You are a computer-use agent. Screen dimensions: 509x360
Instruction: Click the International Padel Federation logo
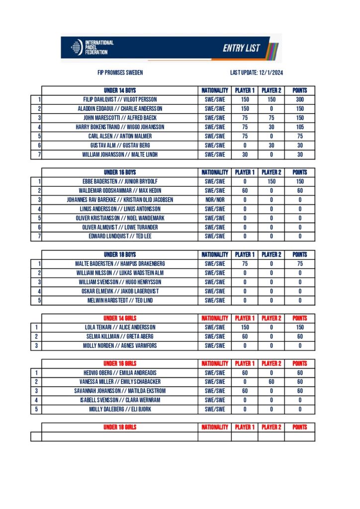pyautogui.click(x=92, y=47)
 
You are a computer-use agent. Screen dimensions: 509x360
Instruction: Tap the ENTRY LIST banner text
pyautogui.click(x=241, y=48)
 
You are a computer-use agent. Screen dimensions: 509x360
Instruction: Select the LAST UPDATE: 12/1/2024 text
pyautogui.click(x=257, y=73)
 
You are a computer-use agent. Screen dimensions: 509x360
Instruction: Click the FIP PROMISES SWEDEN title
pyautogui.click(x=120, y=73)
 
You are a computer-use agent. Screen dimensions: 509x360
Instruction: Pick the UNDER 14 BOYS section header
pyautogui.click(x=120, y=90)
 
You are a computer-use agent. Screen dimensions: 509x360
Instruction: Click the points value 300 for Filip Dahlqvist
pyautogui.click(x=300, y=99)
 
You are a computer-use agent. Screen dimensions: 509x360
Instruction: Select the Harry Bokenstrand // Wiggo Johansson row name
pyautogui.click(x=120, y=127)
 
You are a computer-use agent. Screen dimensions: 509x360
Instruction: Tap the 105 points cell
pyautogui.click(x=300, y=127)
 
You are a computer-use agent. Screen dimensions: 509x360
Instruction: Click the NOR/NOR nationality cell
pyautogui.click(x=215, y=200)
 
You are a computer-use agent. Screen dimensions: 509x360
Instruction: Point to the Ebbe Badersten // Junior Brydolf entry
pyautogui.click(x=120, y=181)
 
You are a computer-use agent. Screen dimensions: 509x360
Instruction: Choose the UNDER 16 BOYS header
pyautogui.click(x=120, y=172)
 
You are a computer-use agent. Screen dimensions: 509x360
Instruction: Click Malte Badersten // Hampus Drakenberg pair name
pyautogui.click(x=120, y=263)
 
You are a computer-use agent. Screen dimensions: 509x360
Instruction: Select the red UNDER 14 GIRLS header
pyautogui.click(x=120, y=318)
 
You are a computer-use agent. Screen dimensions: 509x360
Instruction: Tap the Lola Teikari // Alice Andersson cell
pyautogui.click(x=120, y=328)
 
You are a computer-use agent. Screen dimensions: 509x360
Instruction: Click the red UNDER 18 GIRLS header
pyautogui.click(x=120, y=427)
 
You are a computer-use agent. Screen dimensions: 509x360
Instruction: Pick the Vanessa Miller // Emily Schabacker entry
pyautogui.click(x=120, y=382)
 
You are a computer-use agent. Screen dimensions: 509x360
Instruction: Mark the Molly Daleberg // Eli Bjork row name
pyautogui.click(x=120, y=409)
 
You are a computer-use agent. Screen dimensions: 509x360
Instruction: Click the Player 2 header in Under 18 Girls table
pyautogui.click(x=271, y=427)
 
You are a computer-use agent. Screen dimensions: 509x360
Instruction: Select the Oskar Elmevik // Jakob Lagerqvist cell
pyautogui.click(x=120, y=291)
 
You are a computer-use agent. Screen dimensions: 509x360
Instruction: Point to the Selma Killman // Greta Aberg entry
pyautogui.click(x=120, y=337)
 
